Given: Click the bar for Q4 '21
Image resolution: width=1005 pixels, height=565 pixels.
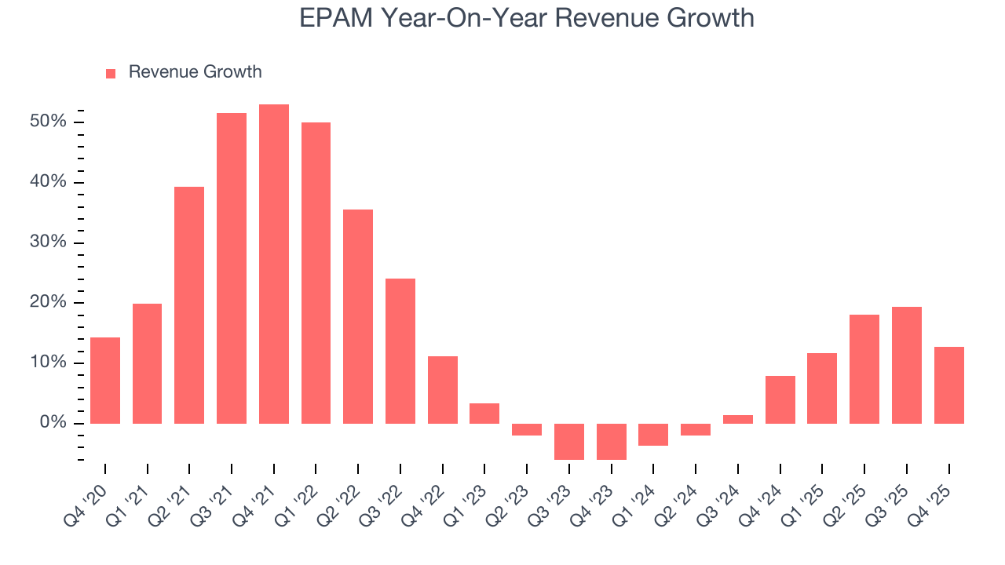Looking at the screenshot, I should tap(274, 264).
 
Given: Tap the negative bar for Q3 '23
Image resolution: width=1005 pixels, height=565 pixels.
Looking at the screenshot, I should tap(569, 441).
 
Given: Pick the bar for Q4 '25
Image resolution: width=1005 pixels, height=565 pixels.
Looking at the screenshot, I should tap(948, 385).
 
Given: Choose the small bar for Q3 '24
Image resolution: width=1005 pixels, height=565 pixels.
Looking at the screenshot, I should tap(738, 419).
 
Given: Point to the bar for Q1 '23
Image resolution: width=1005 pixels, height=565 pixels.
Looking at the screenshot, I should tap(484, 413).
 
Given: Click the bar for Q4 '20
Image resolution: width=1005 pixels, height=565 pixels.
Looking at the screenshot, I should tap(105, 380).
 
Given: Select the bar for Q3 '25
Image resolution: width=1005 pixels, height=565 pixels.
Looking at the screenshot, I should tap(906, 365).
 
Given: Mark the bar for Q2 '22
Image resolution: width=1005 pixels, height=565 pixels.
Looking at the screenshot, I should tap(358, 316).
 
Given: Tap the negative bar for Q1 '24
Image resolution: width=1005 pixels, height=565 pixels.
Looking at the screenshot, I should tap(653, 434).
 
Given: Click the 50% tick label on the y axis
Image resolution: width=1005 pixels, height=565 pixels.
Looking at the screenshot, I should tap(49, 122).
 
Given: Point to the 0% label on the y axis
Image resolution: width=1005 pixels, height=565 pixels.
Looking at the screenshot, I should tap(53, 423).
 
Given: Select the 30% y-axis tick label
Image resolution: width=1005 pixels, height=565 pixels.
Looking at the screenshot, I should tap(49, 242).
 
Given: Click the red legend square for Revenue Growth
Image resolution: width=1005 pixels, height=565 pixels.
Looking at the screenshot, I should tap(111, 73).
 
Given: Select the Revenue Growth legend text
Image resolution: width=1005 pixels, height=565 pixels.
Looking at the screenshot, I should tap(195, 72).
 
